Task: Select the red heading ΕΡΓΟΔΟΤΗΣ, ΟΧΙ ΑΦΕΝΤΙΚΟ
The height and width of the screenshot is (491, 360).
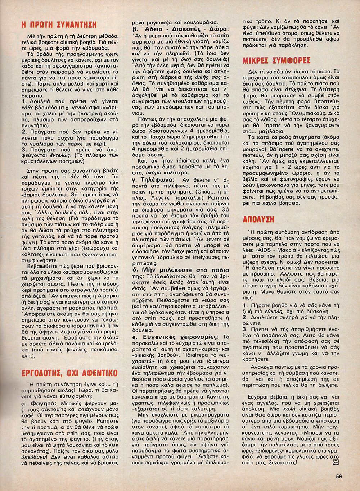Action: [x=69, y=373]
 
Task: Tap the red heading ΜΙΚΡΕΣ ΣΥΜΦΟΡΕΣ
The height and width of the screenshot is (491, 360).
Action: [x=276, y=60]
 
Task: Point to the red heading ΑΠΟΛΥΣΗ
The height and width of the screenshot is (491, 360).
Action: [x=258, y=219]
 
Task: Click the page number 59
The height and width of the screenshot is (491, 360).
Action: [x=339, y=476]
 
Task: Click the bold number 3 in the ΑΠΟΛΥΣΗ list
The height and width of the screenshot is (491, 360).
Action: [x=245, y=329]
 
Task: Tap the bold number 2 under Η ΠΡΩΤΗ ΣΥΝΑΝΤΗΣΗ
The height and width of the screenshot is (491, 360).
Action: [x=24, y=132]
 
